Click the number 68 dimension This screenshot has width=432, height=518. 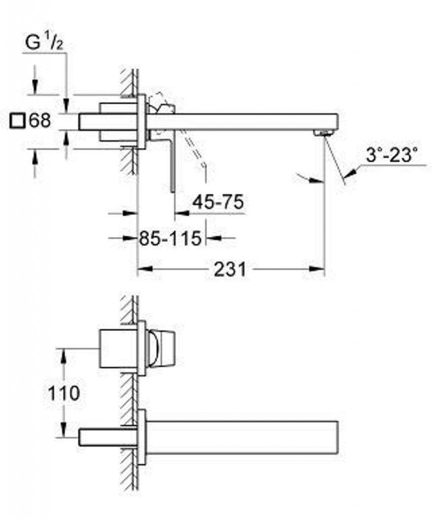[40, 121]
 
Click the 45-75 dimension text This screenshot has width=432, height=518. [218, 202]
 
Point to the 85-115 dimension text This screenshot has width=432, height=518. [170, 237]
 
